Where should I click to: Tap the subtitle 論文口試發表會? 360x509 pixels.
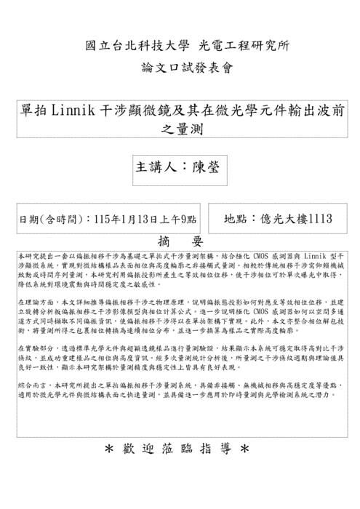click(x=180, y=69)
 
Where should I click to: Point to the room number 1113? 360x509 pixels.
click(x=320, y=217)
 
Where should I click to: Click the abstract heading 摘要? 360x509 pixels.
click(x=180, y=241)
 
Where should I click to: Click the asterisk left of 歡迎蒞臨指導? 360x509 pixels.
click(x=109, y=449)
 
